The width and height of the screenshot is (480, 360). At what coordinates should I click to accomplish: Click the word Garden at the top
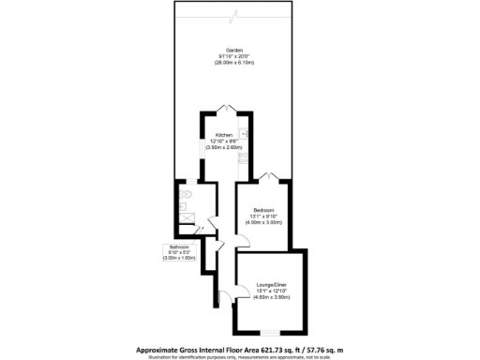(x=227, y=49)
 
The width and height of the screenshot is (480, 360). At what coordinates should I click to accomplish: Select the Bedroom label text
(x=263, y=209)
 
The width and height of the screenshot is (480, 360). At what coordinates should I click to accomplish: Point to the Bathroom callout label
(x=178, y=247)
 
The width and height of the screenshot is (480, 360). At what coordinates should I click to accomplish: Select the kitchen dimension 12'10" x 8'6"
(x=225, y=142)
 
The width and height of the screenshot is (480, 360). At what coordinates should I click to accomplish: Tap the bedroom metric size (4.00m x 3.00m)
(x=263, y=222)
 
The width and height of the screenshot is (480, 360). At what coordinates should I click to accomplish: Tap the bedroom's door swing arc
(x=242, y=240)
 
